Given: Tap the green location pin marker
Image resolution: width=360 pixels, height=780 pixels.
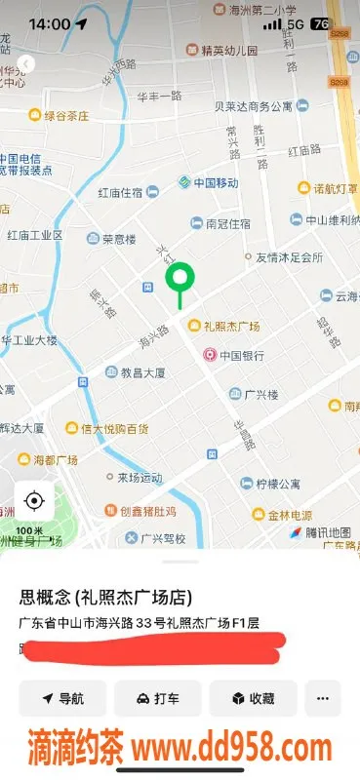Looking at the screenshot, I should tap(180, 280).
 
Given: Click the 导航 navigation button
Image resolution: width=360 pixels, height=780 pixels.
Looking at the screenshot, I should tap(62, 698).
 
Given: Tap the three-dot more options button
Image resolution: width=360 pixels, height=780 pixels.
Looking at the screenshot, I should tap(323, 698).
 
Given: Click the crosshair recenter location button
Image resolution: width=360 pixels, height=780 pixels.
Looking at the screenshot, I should tap(33, 501).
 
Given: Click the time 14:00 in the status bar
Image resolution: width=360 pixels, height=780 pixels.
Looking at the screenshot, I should tap(49, 22).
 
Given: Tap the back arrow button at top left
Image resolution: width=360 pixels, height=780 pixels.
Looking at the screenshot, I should tap(25, 63).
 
